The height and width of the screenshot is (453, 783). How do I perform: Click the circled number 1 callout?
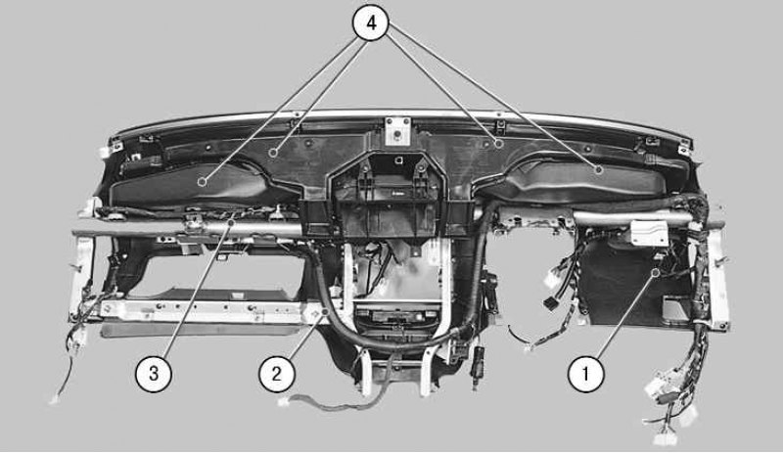pos(585,373)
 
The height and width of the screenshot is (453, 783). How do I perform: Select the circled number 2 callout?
pos(277,373)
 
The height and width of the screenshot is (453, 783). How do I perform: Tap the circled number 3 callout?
pos(154,373)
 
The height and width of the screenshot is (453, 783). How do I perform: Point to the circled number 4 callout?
pos(371,23)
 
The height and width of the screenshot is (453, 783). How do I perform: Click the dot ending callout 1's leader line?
pos(656,272)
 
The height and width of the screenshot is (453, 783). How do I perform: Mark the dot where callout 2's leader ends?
pos(325,312)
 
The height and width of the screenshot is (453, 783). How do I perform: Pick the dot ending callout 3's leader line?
pos(231,222)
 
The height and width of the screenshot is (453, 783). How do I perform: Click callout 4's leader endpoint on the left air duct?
pos(202,182)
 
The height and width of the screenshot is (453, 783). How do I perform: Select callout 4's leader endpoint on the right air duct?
pos(599,170)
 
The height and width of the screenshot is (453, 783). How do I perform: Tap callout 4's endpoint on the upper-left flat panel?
pos(273,153)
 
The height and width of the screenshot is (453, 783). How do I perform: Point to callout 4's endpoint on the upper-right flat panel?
pos(498,144)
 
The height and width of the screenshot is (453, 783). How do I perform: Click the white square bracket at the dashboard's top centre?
pos(397,131)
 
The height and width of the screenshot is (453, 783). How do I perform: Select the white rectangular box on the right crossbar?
pos(649,233)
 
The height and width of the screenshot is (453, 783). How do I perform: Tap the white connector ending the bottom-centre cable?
pos(284,401)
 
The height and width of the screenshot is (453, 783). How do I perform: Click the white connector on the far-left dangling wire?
pos(54,399)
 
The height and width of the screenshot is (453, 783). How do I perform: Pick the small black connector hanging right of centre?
pos(551,303)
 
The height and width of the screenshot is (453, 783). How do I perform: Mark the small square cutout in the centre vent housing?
pos(398,160)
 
